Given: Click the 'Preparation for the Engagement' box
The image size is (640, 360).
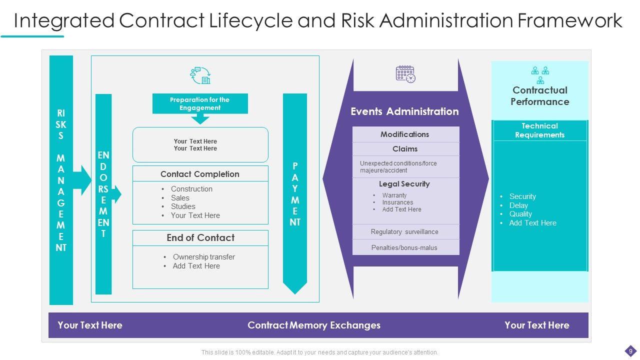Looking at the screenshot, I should pos(200,103).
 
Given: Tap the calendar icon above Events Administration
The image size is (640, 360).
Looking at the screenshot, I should pos(405,74).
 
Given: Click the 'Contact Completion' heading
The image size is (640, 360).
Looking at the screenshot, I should pos(200,174).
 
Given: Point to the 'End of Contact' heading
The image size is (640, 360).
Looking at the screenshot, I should pos(200,238).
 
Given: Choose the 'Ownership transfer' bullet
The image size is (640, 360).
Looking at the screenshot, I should pos(203,257).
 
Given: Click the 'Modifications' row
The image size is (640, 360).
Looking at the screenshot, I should pos(405,134).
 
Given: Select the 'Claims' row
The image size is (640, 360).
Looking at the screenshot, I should pos(405,149).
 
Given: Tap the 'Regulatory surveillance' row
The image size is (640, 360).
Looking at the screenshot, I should pos(404,232).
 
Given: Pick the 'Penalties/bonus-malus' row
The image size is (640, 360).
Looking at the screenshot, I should pos(404,247).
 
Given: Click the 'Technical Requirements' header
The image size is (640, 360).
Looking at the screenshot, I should pos(540,130).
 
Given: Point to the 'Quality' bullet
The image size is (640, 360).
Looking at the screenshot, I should pos(520,214).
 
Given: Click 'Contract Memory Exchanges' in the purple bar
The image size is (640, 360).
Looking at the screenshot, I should pos(314,325).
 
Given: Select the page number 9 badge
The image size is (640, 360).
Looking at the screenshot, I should pos(631,351).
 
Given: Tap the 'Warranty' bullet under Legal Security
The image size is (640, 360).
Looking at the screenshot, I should pos(394,195).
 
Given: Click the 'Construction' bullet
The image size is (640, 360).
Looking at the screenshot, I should pos(191,189).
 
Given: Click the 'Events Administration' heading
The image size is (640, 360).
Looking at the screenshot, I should pos(404,111).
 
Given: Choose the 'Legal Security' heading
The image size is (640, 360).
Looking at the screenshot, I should pos(404,184).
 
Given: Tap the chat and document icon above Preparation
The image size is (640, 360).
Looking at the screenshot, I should pos(200,75).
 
